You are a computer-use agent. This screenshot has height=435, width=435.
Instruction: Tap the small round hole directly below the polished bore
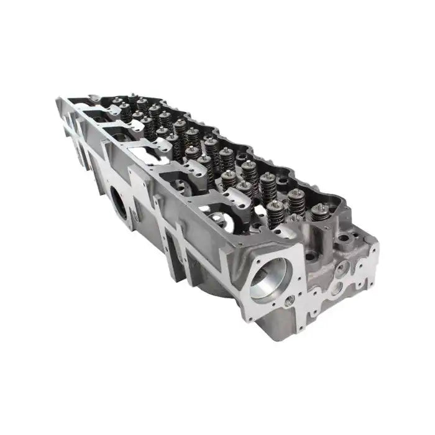coord(290,300)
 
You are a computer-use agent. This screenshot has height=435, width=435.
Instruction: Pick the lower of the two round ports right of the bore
coord(336,288)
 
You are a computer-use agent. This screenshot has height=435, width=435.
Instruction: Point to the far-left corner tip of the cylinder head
coord(57,98)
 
